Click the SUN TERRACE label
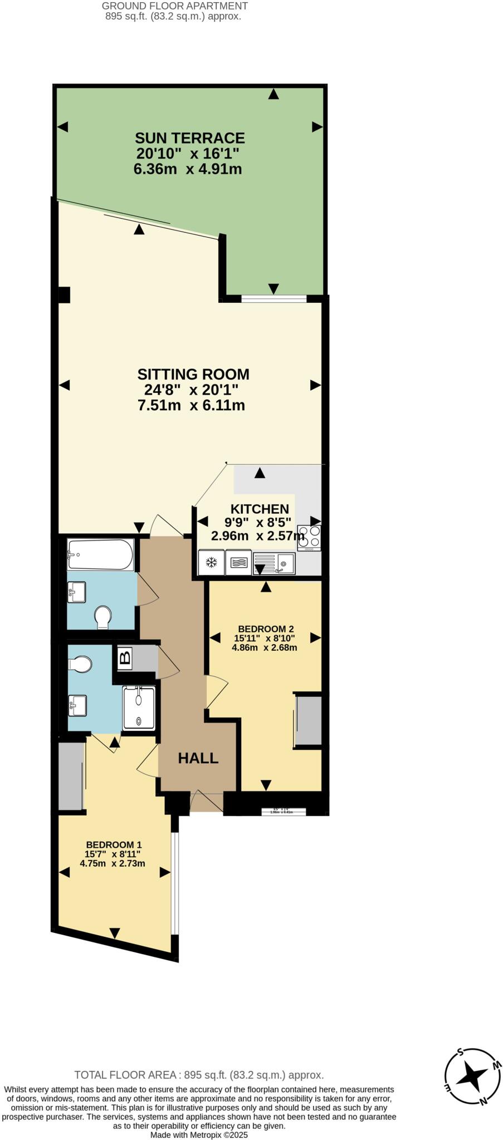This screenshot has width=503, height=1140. (x=189, y=138)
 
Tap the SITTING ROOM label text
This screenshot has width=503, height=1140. (x=193, y=374)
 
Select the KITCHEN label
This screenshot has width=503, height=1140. (x=260, y=509)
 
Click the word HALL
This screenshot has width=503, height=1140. (x=198, y=758)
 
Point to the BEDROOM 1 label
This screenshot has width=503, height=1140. (x=113, y=844)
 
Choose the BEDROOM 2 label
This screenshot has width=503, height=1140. (x=265, y=629)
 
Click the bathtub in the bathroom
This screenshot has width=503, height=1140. (x=100, y=554)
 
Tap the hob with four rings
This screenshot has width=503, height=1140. (x=309, y=537)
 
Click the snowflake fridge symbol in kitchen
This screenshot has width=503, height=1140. (x=211, y=563)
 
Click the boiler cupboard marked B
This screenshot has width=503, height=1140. (x=125, y=659)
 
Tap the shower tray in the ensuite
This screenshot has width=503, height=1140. (x=139, y=707)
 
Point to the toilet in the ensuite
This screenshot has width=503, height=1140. (x=80, y=664)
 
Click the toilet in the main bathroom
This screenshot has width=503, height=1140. (x=102, y=617)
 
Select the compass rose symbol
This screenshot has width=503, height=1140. (x=473, y=1077)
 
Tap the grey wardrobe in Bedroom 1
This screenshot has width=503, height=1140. (x=70, y=775)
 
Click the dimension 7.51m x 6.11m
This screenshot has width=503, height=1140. (x=191, y=405)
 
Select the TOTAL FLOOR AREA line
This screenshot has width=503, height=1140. (x=199, y=1075)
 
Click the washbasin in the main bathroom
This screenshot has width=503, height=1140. (x=76, y=592)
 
